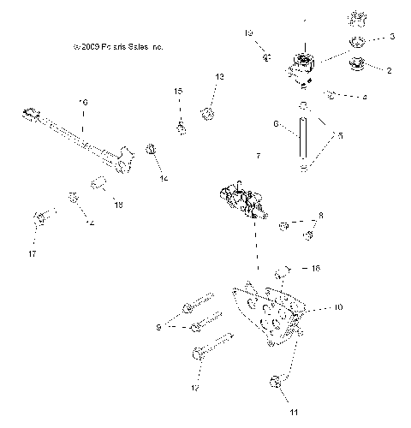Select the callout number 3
pyautogui.click(x=392, y=37)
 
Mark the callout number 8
pyautogui.click(x=321, y=216)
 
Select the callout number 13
pyautogui.click(x=219, y=77)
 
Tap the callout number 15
pyautogui.click(x=179, y=91)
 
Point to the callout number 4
pyautogui.click(x=365, y=97)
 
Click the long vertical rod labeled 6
pyautogui.click(x=303, y=137)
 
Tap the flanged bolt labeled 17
pyautogui.click(x=39, y=220)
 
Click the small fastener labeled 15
pyautogui.click(x=182, y=128)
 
